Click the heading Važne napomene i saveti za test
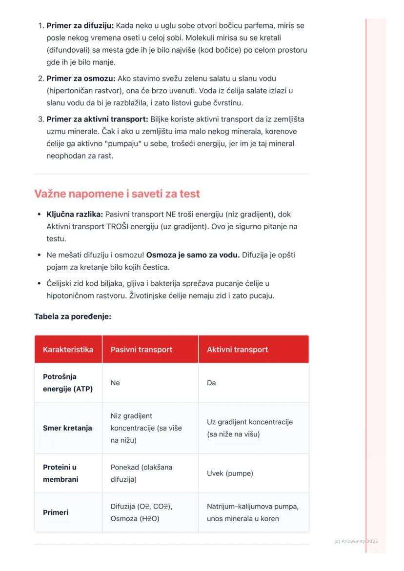117,194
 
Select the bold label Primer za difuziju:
80,25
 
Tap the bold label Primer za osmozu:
81,78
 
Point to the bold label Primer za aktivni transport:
98,119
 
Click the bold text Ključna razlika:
75,214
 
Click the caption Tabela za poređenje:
73,316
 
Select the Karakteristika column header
68,350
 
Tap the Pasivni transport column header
141,350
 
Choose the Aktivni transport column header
237,350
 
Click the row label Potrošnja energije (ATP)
68,383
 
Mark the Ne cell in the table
115,383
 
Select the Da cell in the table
211,383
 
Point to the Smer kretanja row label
67,428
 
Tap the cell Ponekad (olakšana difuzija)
141,473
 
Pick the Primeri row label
56,512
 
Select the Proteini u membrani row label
61,473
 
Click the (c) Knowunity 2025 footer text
356,541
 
